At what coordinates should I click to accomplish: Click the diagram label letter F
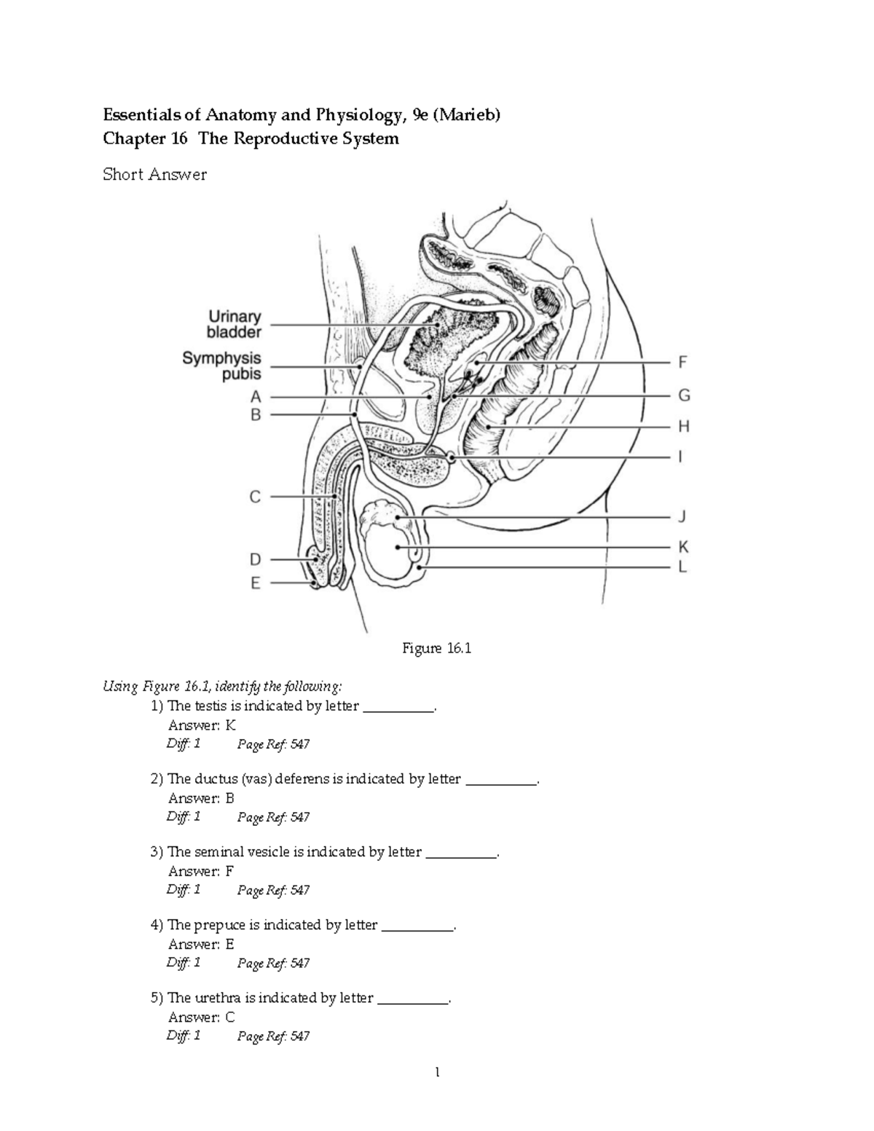pyautogui.click(x=682, y=361)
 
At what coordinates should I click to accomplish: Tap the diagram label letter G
pyautogui.click(x=683, y=396)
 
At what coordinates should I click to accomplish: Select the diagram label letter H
pyautogui.click(x=683, y=426)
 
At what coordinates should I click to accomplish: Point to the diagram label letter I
pyautogui.click(x=680, y=457)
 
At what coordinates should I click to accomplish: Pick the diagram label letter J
pyautogui.click(x=682, y=517)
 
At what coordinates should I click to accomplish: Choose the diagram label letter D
pyautogui.click(x=256, y=559)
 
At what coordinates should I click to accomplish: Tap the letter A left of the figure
pyautogui.click(x=256, y=397)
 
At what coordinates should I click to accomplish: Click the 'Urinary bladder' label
pyautogui.click(x=235, y=325)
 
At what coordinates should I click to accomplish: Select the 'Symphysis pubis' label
pyautogui.click(x=222, y=366)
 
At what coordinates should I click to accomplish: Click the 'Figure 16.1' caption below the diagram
pyautogui.click(x=437, y=648)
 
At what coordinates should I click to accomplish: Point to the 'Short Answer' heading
pyautogui.click(x=154, y=174)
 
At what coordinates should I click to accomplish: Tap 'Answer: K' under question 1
pyautogui.click(x=202, y=725)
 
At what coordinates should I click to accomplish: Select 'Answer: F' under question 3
pyautogui.click(x=201, y=871)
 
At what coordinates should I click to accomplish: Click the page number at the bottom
pyautogui.click(x=437, y=1072)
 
